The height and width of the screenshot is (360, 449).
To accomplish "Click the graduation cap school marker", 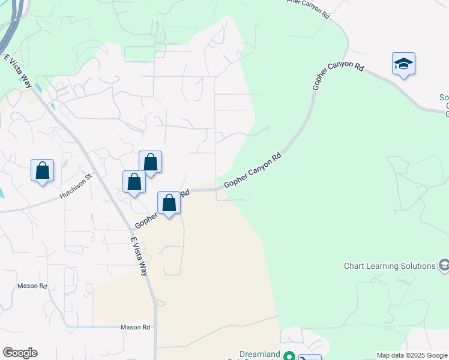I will click(403, 64).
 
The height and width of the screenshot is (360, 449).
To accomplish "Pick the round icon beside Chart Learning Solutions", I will click(444, 265).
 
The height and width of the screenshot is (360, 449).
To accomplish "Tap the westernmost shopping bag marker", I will click(42, 171).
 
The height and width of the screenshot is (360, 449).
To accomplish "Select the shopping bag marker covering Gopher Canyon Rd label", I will click(169, 203).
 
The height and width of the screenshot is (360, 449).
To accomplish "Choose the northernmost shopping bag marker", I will click(150, 163).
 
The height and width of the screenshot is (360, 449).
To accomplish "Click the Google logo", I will click(20, 353).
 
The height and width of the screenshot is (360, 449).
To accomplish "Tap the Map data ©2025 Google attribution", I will click(412, 355).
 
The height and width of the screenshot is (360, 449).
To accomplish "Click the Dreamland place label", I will click(260, 355).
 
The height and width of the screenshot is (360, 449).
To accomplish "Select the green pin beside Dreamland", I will click(289, 356).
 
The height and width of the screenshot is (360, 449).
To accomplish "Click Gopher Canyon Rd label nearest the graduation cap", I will click(338, 79).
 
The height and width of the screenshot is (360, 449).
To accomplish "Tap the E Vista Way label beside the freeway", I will click(17, 71).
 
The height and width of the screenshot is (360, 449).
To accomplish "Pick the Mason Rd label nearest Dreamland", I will click(135, 327).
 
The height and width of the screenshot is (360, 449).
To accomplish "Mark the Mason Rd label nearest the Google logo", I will click(32, 286).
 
